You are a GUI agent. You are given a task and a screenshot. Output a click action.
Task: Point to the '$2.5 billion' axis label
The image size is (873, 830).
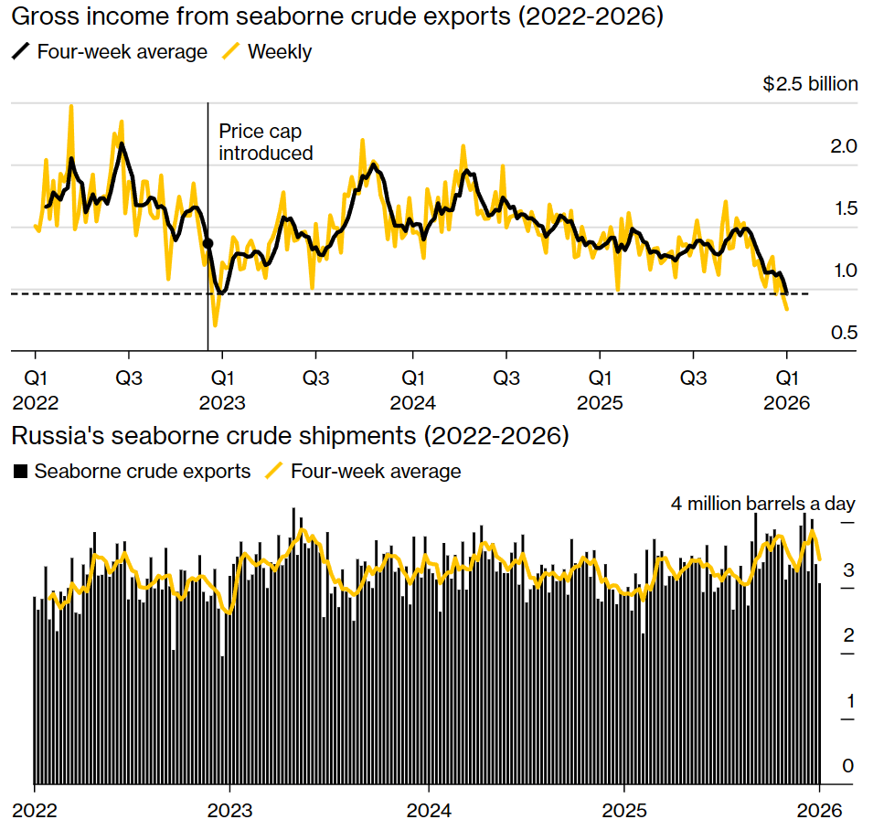[x=810, y=84]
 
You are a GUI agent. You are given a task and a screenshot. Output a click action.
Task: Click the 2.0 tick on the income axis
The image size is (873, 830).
[x=844, y=146]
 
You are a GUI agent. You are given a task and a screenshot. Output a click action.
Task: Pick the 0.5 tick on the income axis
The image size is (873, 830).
[x=844, y=333]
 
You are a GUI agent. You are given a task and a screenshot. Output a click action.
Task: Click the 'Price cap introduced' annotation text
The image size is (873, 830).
[x=265, y=143]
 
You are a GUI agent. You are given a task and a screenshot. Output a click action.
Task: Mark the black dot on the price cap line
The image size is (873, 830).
[x=208, y=243]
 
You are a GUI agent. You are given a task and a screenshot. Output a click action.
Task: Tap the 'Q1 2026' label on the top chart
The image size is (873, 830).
[x=787, y=389]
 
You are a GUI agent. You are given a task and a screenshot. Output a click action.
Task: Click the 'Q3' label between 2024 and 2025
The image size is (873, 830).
[x=506, y=378]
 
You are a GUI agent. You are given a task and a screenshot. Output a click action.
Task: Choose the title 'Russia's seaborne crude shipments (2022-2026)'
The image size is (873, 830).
[x=290, y=436]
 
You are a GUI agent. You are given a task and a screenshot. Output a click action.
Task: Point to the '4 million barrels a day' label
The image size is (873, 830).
[x=762, y=504]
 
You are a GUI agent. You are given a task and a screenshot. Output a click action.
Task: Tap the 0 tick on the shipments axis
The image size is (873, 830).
[x=847, y=767]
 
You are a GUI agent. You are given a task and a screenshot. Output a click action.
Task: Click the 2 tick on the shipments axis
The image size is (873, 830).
[x=847, y=635]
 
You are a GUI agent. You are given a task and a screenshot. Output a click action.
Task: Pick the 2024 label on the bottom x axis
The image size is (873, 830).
[x=428, y=810]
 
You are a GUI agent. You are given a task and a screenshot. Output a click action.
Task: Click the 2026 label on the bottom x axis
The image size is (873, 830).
[x=820, y=810]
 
